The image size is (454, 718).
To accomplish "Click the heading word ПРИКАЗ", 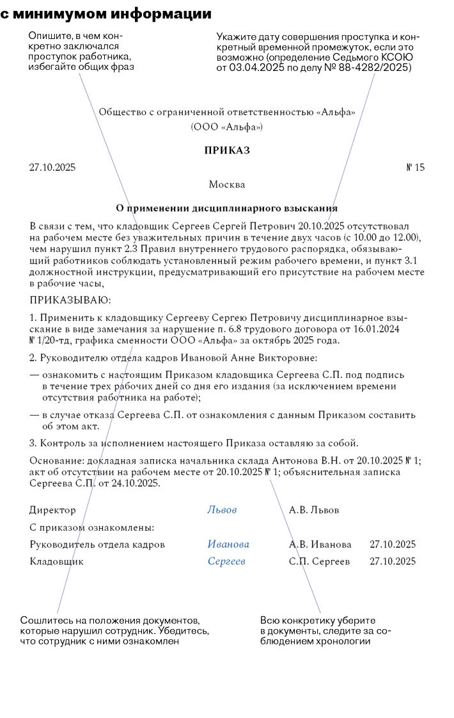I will [x=227, y=151].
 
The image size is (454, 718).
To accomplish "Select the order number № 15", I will [x=415, y=168].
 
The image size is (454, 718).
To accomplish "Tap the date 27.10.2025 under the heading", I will [x=52, y=168].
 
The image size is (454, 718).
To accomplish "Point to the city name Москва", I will [x=227, y=185].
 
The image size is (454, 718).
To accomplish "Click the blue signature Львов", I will [x=222, y=510].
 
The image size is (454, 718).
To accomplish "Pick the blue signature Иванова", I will [x=228, y=545].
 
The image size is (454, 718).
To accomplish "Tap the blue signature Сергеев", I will [x=226, y=561].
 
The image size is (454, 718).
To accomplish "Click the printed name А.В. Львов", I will [x=314, y=510].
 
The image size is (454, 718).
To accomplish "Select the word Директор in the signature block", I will [x=52, y=510].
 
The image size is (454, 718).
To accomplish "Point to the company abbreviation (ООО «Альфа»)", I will [x=227, y=127].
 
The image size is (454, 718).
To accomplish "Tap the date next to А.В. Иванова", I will [x=393, y=545].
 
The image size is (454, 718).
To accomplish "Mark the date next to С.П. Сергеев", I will [x=393, y=561].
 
